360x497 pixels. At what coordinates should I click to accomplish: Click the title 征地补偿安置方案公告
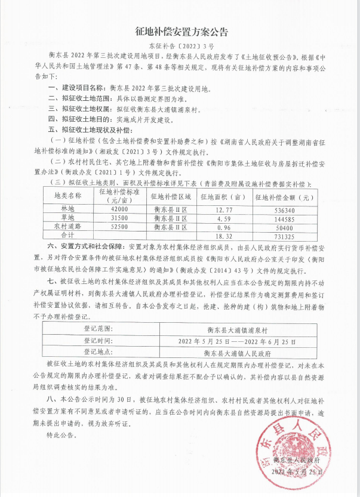click(180, 31)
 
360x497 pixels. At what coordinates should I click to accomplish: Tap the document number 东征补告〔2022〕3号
click(180, 45)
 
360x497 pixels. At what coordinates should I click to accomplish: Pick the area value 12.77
click(223, 209)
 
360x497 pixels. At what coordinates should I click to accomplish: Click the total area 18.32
click(223, 236)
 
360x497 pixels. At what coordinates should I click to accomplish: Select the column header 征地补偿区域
click(171, 196)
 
